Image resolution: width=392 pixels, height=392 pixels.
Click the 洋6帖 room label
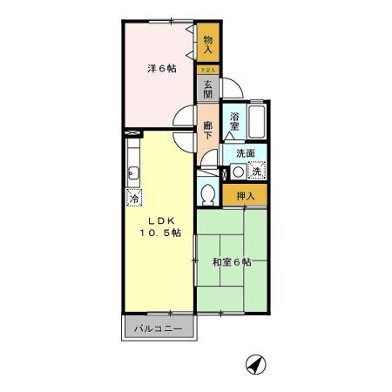pyautogui.click(x=159, y=68)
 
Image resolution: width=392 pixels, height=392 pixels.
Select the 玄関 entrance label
pyautogui.click(x=208, y=88)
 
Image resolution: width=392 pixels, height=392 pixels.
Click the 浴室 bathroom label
pyautogui.click(x=234, y=122)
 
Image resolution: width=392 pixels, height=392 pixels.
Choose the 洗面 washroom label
pyautogui.click(x=245, y=153)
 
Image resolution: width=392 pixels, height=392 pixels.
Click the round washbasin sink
pyautogui.click(x=238, y=171)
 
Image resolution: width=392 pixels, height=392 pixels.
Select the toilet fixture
pyautogui.click(x=208, y=193)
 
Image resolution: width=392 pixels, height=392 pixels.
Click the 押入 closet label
pyautogui.click(x=245, y=196)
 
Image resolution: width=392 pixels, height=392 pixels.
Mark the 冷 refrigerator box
pyautogui.click(x=134, y=197)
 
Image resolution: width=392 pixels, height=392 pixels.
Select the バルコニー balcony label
pyautogui.click(x=159, y=329)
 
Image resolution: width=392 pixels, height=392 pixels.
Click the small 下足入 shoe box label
pyautogui.click(x=207, y=69)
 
